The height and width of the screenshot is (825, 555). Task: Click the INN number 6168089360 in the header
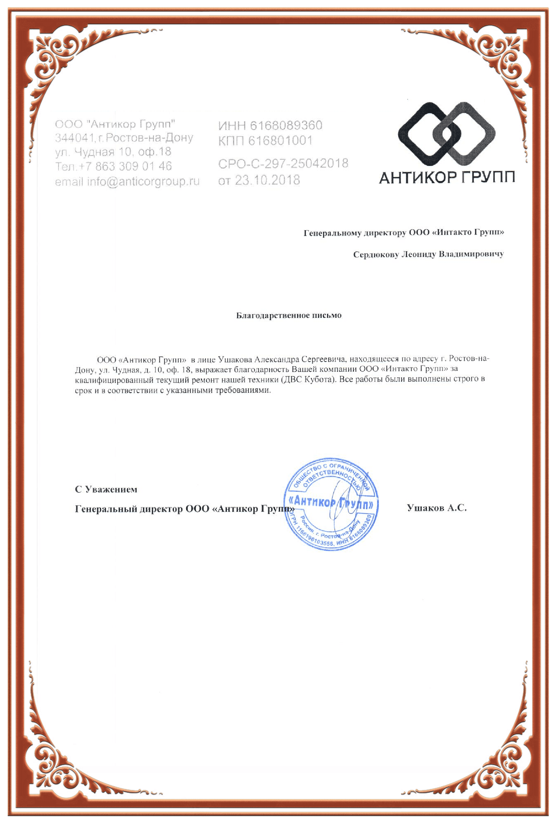[286, 125]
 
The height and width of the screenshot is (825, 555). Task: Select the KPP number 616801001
[280, 141]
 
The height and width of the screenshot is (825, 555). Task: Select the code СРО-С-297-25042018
[283, 163]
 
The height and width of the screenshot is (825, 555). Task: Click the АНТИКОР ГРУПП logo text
[447, 177]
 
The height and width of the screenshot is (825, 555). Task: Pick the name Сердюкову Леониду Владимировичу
[428, 254]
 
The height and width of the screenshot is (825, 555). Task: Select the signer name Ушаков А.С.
[437, 508]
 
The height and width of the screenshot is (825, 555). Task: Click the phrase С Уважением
[106, 489]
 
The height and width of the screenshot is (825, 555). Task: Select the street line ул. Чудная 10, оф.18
[113, 152]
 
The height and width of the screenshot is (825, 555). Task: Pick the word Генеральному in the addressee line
[332, 233]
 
